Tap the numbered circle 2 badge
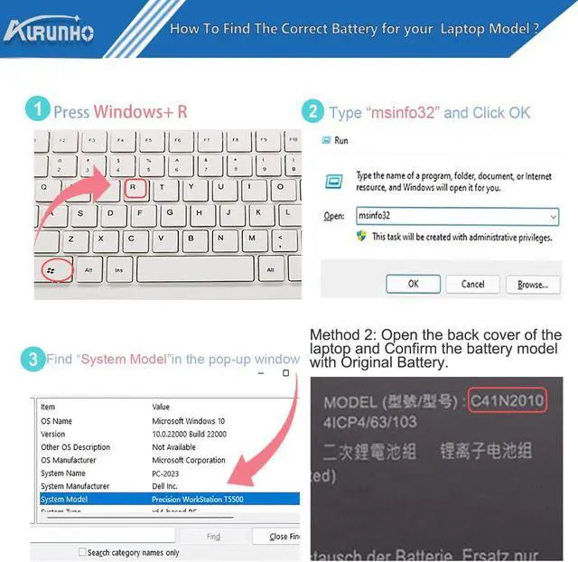point(312,112)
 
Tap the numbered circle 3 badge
point(33,360)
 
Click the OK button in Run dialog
point(413,284)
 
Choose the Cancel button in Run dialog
point(473,284)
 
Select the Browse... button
point(532,284)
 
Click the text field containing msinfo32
point(457,217)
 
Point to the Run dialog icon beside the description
point(334,181)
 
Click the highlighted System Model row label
point(66,499)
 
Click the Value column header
point(161,407)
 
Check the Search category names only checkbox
point(83,552)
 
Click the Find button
point(213,537)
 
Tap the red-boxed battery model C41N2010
point(506,400)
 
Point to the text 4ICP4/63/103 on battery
point(369,421)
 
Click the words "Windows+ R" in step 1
point(140,112)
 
